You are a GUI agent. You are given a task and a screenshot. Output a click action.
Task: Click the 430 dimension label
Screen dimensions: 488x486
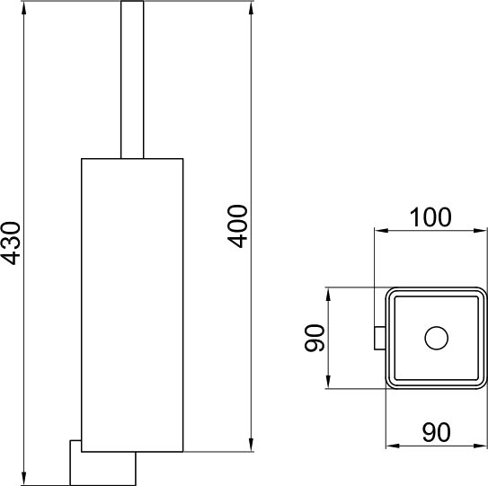click(11, 243)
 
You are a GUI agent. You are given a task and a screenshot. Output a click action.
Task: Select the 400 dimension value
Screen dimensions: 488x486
click(237, 226)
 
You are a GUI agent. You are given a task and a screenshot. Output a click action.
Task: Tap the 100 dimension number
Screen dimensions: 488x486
click(430, 217)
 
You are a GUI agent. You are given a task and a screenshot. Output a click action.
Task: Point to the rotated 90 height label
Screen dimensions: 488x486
click(315, 338)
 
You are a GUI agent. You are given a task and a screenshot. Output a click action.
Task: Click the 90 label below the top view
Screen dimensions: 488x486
click(437, 432)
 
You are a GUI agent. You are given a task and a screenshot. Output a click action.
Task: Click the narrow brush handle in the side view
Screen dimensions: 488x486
click(132, 80)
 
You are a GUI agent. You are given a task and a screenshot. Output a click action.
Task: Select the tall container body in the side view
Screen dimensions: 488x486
click(132, 305)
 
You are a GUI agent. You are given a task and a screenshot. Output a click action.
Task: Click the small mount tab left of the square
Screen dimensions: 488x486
click(379, 338)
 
